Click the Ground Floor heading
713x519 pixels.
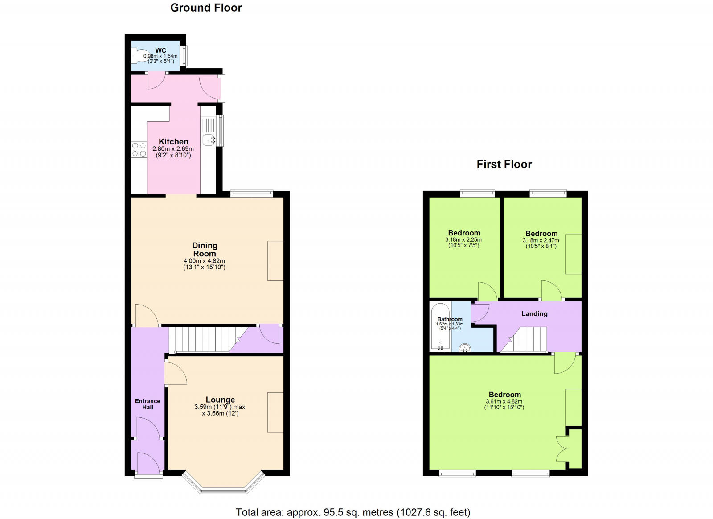click(x=206, y=8)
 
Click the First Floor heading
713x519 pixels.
click(x=504, y=165)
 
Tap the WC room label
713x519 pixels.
click(x=160, y=50)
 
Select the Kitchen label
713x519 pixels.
click(x=173, y=142)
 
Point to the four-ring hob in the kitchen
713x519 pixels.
click(x=139, y=149)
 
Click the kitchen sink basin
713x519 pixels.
click(x=208, y=140)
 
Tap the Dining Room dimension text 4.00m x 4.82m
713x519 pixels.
click(x=204, y=261)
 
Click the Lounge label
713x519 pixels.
click(x=220, y=400)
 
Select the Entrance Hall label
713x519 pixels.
click(x=148, y=404)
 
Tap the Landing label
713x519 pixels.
click(x=534, y=314)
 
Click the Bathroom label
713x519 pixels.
click(x=450, y=319)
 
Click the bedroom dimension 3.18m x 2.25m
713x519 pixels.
click(x=463, y=240)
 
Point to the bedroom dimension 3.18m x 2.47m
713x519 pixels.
click(x=541, y=240)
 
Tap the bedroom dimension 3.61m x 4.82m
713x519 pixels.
click(x=504, y=401)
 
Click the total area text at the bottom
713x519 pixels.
click(x=353, y=512)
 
